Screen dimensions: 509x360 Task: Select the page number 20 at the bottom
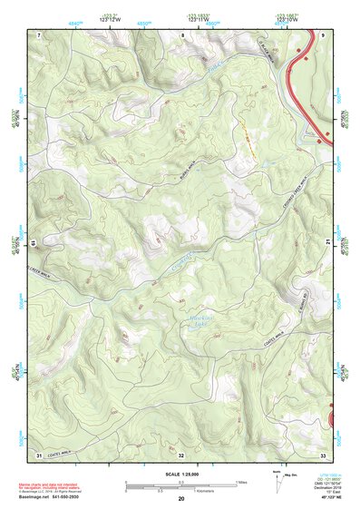click(181, 499)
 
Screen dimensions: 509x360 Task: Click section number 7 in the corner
click(38, 34)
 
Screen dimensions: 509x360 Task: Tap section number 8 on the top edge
click(181, 34)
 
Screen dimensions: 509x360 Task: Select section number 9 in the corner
click(323, 34)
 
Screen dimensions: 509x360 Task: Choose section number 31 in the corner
click(39, 454)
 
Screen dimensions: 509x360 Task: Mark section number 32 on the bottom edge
click(181, 454)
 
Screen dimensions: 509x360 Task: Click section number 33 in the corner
click(323, 454)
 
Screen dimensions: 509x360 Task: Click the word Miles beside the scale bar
click(241, 482)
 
